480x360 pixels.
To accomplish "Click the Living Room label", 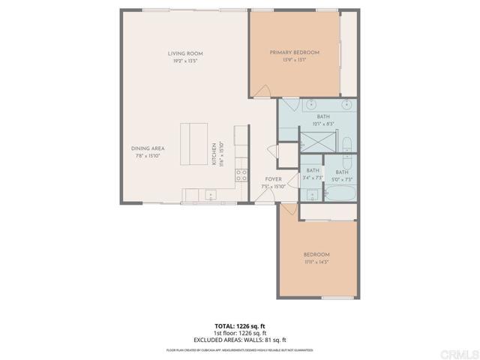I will click(x=185, y=53).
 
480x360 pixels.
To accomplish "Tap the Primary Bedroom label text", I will click(x=295, y=52).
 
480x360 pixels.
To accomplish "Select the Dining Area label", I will click(x=148, y=148).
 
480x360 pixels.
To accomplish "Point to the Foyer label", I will click(x=273, y=179).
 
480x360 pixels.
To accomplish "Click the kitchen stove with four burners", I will click(x=242, y=176).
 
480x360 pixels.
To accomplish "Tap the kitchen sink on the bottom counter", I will click(x=211, y=196).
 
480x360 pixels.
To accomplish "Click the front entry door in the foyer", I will click(x=260, y=196).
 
